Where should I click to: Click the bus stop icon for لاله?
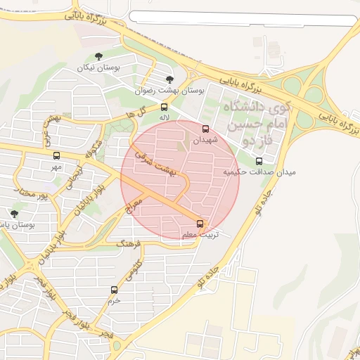tap(164, 108)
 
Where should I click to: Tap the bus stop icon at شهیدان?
tap(206, 129)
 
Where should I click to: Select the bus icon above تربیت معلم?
tap(201, 224)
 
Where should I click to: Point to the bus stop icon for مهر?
tap(56, 156)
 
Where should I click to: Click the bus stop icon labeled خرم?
tap(114, 290)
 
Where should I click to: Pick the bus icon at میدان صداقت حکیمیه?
tap(259, 161)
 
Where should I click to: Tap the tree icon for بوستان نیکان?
tap(98, 57)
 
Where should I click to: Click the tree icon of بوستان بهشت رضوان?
tap(169, 79)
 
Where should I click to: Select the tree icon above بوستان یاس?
tap(14, 214)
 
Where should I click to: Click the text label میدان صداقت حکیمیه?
tap(259, 172)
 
